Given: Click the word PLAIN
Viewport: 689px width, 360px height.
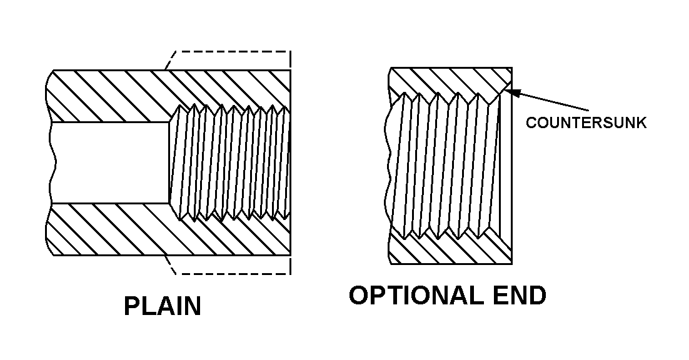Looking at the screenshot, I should (x=163, y=307).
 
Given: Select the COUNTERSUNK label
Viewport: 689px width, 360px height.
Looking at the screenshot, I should (x=586, y=123).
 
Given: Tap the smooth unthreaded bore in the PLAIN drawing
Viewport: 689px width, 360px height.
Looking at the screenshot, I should (x=109, y=162).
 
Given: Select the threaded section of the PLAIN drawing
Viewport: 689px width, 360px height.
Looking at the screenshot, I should (x=231, y=162).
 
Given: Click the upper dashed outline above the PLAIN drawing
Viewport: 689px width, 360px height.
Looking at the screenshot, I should (x=231, y=51).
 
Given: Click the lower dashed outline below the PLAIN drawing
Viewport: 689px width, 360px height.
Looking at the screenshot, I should (x=231, y=273).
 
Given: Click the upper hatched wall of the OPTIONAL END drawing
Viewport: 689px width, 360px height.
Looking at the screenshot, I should (x=450, y=80).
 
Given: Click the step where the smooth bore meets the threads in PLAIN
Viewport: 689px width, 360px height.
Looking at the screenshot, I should (x=170, y=162).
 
